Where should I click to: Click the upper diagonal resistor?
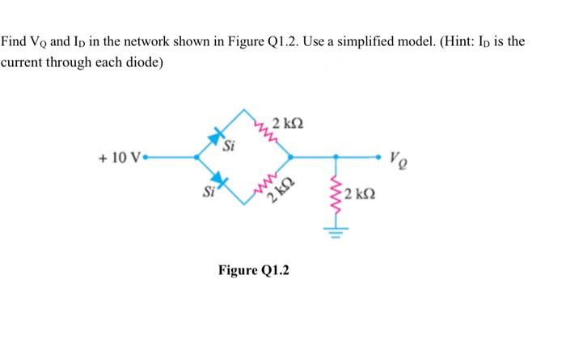[x=264, y=130]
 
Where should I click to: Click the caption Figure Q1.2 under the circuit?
[x=253, y=269]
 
